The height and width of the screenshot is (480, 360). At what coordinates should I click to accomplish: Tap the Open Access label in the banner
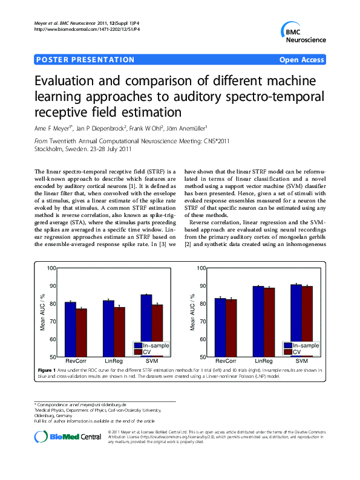(301, 60)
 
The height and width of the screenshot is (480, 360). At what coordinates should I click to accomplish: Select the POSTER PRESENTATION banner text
(85, 60)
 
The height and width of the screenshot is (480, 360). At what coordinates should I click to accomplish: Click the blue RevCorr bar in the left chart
(71, 329)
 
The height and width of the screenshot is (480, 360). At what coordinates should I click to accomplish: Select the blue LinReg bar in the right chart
(258, 321)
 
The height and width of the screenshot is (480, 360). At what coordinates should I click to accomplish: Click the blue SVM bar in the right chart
(296, 320)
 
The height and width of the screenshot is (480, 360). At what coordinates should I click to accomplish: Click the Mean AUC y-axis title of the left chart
(42, 312)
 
